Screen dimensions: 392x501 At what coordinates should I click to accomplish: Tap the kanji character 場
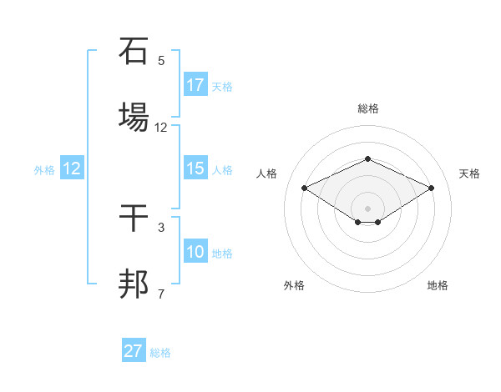click(x=134, y=118)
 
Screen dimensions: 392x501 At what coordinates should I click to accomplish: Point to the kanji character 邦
click(x=134, y=285)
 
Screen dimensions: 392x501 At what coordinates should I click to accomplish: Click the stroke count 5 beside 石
click(x=161, y=61)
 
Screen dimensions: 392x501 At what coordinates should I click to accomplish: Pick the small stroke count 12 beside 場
click(x=161, y=128)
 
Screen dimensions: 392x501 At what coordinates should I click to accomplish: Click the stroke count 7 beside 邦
click(x=161, y=294)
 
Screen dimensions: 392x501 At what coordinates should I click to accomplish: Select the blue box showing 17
click(x=195, y=85)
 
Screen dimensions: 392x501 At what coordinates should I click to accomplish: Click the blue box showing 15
click(x=195, y=168)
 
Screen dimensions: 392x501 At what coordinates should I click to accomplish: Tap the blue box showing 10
click(x=195, y=252)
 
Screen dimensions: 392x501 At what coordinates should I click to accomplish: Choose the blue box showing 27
click(x=134, y=351)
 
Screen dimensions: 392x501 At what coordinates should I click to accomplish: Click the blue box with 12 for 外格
click(x=72, y=168)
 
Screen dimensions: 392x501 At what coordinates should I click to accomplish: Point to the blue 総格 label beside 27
click(x=160, y=353)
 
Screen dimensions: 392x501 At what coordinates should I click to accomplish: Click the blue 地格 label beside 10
click(x=222, y=254)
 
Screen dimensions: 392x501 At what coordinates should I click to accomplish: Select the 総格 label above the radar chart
click(x=368, y=108)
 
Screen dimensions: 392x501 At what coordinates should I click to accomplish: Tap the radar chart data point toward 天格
click(x=432, y=188)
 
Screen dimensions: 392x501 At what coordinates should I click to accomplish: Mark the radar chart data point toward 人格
click(x=305, y=188)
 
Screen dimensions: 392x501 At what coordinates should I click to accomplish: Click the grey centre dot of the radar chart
click(x=368, y=208)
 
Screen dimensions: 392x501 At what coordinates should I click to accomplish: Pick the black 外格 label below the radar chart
click(x=294, y=286)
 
